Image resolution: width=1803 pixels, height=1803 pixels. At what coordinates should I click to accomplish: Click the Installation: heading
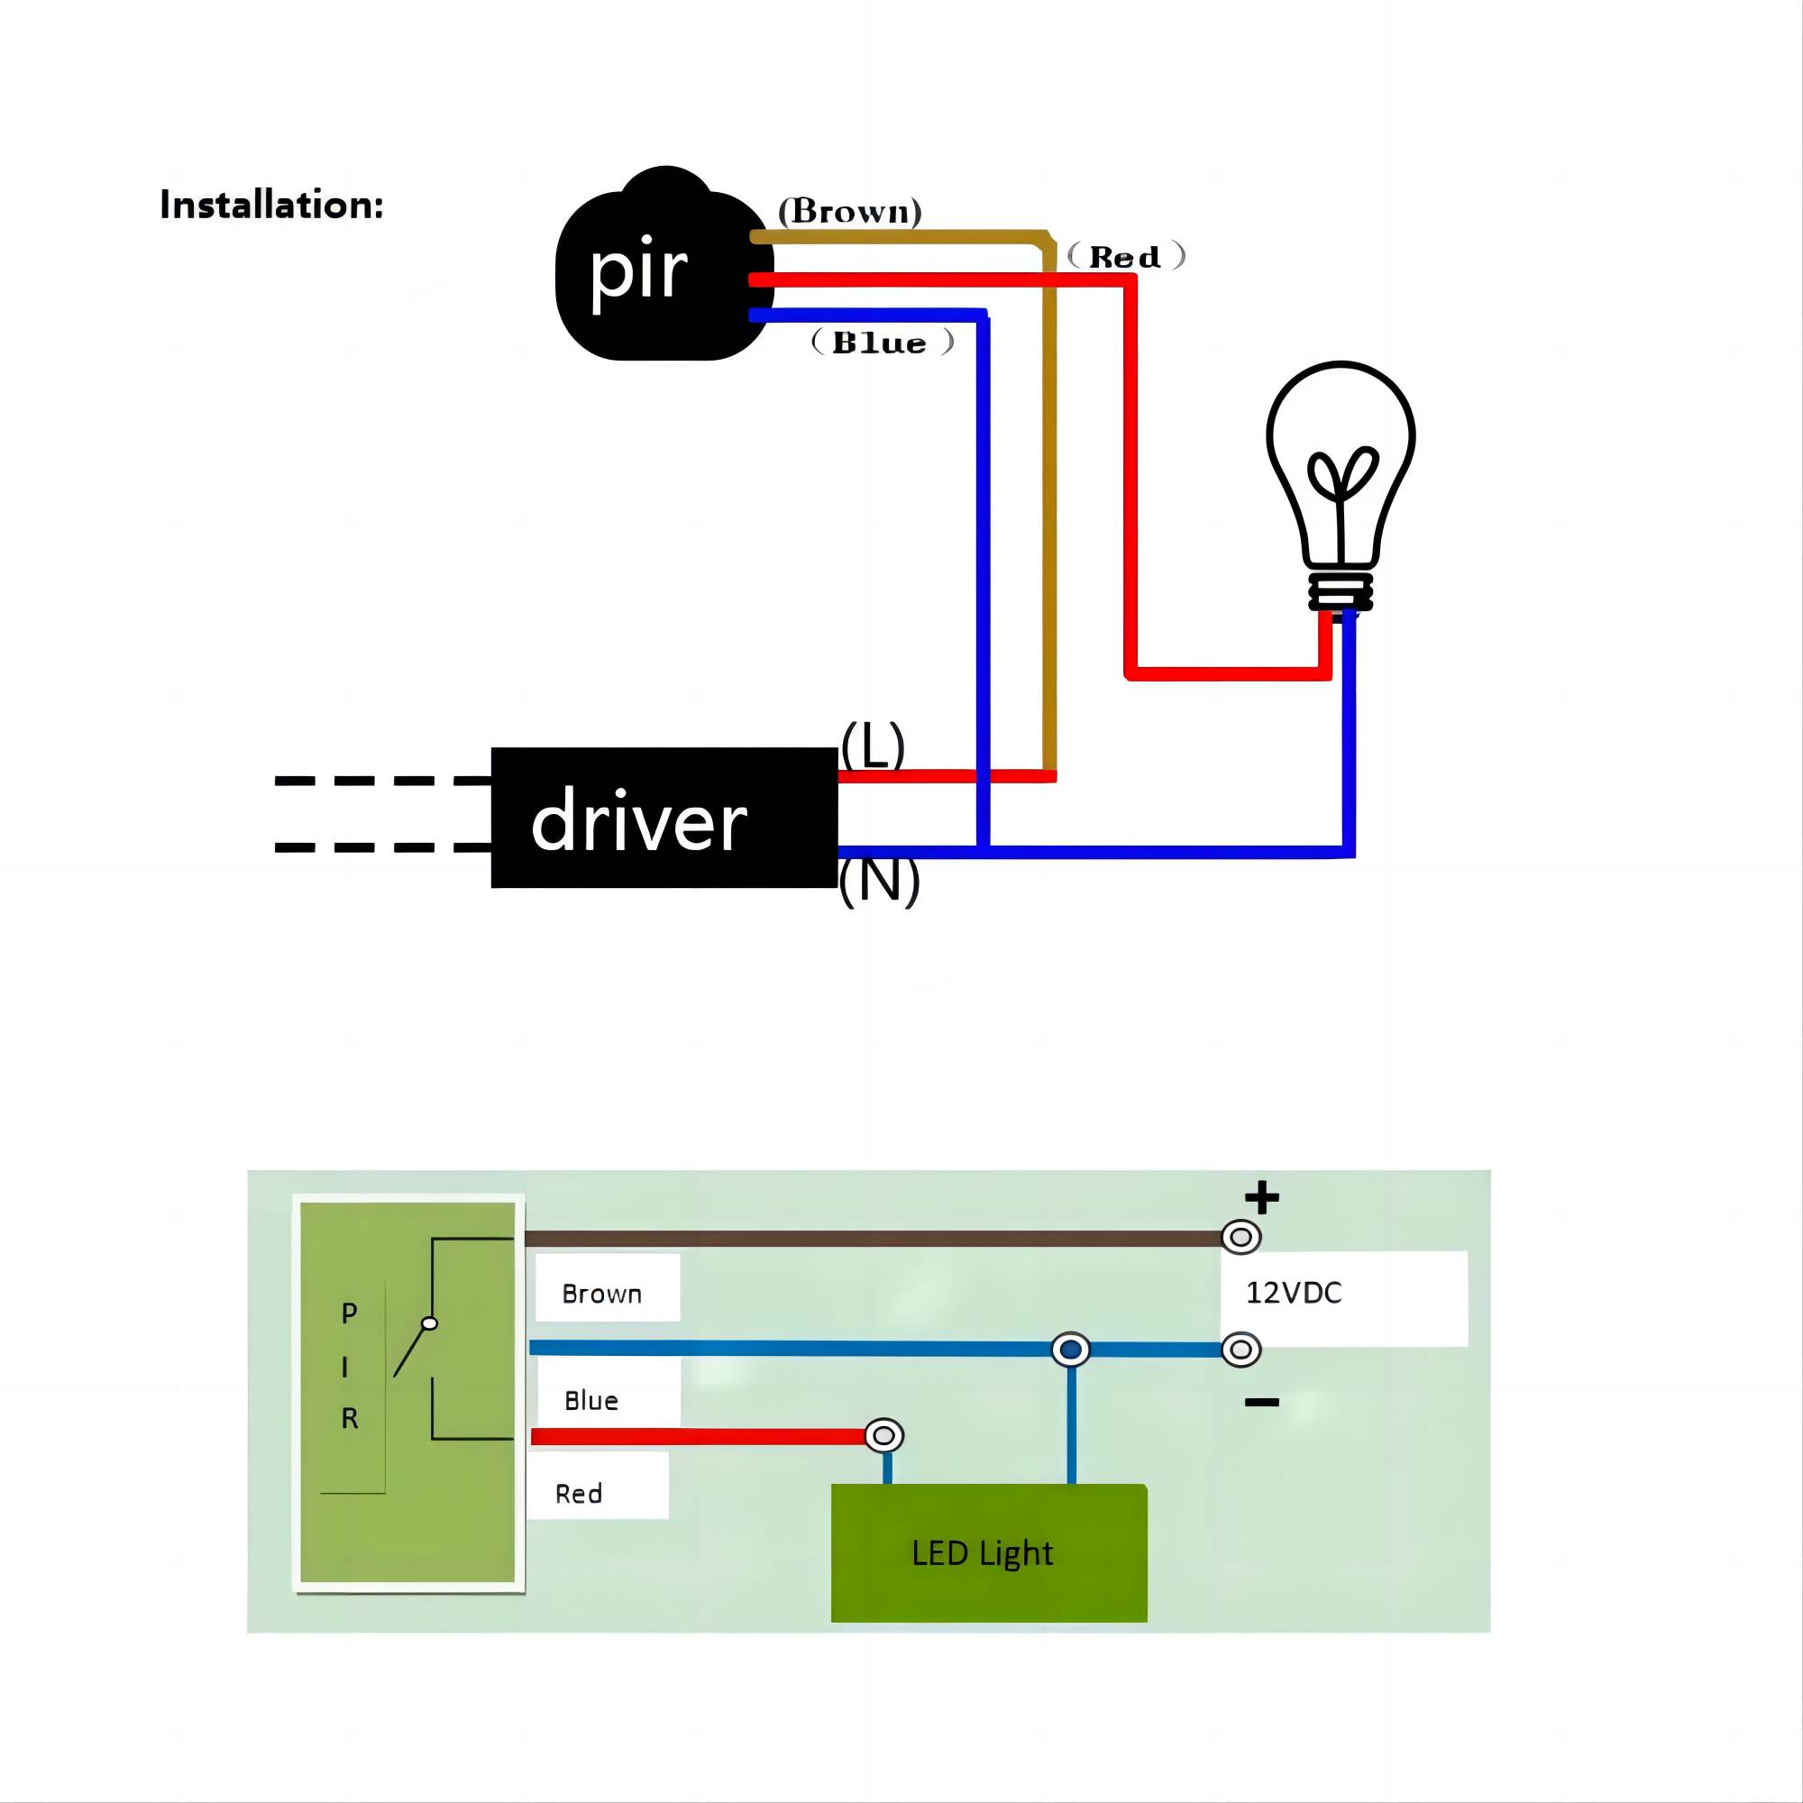tap(271, 206)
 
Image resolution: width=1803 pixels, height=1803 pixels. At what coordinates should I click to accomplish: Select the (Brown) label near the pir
tap(849, 211)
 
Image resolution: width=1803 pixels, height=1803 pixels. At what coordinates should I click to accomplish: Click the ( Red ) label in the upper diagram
tap(1125, 257)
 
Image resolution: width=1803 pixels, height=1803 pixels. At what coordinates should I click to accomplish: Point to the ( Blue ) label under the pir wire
tap(882, 343)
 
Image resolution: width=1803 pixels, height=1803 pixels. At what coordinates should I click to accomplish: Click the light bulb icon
tap(1341, 467)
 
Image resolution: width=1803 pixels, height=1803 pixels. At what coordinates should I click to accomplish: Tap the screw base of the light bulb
tap(1341, 590)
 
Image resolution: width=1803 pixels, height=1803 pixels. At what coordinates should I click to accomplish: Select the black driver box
tap(664, 818)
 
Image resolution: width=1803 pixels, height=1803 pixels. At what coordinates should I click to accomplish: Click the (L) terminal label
tap(873, 745)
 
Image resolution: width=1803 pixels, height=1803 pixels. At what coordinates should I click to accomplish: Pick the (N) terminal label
tap(879, 880)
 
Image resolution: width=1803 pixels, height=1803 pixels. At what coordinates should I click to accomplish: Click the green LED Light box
tap(988, 1553)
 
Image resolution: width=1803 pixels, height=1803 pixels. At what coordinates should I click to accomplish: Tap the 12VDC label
tap(1294, 1294)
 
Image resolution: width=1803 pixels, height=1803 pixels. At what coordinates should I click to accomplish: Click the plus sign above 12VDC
tap(1262, 1197)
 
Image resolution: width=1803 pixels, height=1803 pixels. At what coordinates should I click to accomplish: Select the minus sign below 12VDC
tap(1262, 1403)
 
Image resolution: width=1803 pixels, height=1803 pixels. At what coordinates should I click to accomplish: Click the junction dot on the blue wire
tap(1070, 1350)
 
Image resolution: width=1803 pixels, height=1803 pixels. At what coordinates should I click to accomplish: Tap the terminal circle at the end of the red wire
tap(883, 1435)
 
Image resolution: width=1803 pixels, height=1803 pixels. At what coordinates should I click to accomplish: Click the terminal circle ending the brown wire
tap(1241, 1238)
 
